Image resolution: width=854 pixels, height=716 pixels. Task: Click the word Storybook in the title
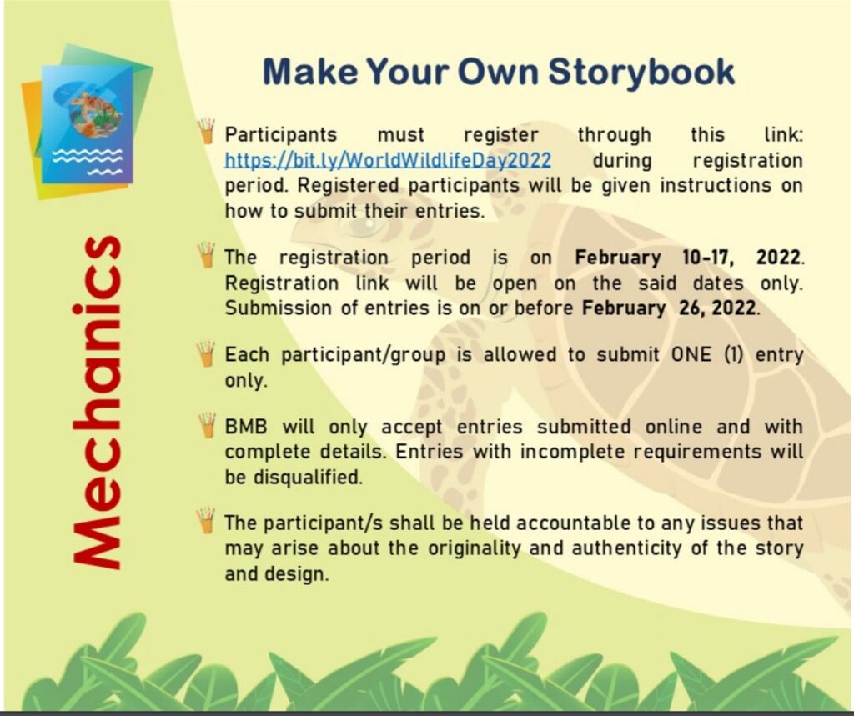point(641,72)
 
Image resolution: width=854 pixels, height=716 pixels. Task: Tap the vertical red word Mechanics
point(98,403)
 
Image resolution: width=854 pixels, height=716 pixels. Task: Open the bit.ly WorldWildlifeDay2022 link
point(388,160)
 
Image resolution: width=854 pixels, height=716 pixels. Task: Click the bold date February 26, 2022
point(669,308)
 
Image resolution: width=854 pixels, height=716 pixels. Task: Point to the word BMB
point(246,426)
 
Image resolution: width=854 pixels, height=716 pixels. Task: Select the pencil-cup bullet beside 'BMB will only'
point(207,426)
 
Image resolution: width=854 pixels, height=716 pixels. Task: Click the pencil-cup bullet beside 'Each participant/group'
point(207,354)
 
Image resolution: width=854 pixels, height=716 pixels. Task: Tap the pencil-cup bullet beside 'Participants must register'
point(207,131)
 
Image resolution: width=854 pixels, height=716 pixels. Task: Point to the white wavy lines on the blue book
point(88,161)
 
